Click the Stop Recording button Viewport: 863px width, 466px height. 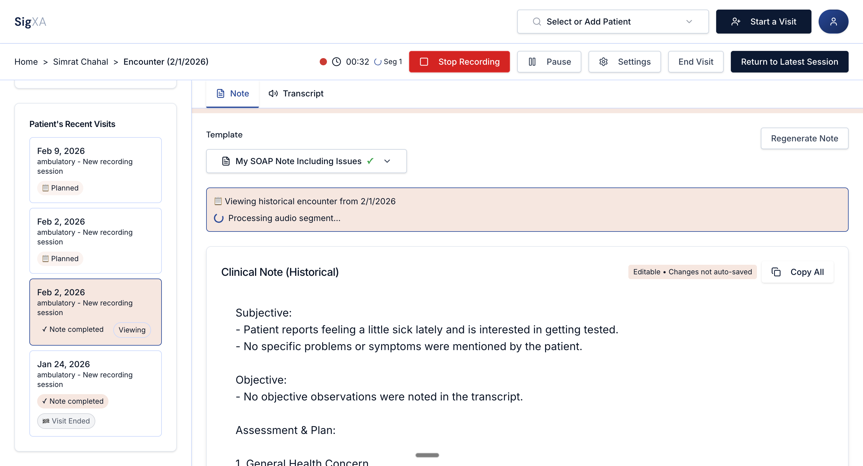[459, 62]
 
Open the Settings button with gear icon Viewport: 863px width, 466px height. [624, 62]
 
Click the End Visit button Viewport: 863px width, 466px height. [695, 62]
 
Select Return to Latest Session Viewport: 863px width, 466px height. [789, 62]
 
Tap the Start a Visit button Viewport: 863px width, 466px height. [763, 22]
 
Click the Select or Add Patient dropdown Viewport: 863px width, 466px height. [612, 22]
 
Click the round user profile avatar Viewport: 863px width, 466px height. [833, 22]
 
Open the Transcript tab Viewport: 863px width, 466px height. [296, 93]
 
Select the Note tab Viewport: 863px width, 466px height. [233, 93]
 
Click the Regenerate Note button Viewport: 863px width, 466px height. [804, 138]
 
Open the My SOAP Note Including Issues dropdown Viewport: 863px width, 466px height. [306, 161]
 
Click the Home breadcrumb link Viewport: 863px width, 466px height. [26, 62]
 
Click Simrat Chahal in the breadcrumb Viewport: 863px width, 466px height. [80, 62]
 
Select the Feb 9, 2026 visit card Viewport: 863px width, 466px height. [96, 170]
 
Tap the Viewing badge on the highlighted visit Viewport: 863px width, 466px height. [132, 330]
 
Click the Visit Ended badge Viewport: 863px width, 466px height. [66, 421]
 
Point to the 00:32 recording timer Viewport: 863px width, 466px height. [357, 62]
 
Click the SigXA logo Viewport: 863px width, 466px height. [30, 22]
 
